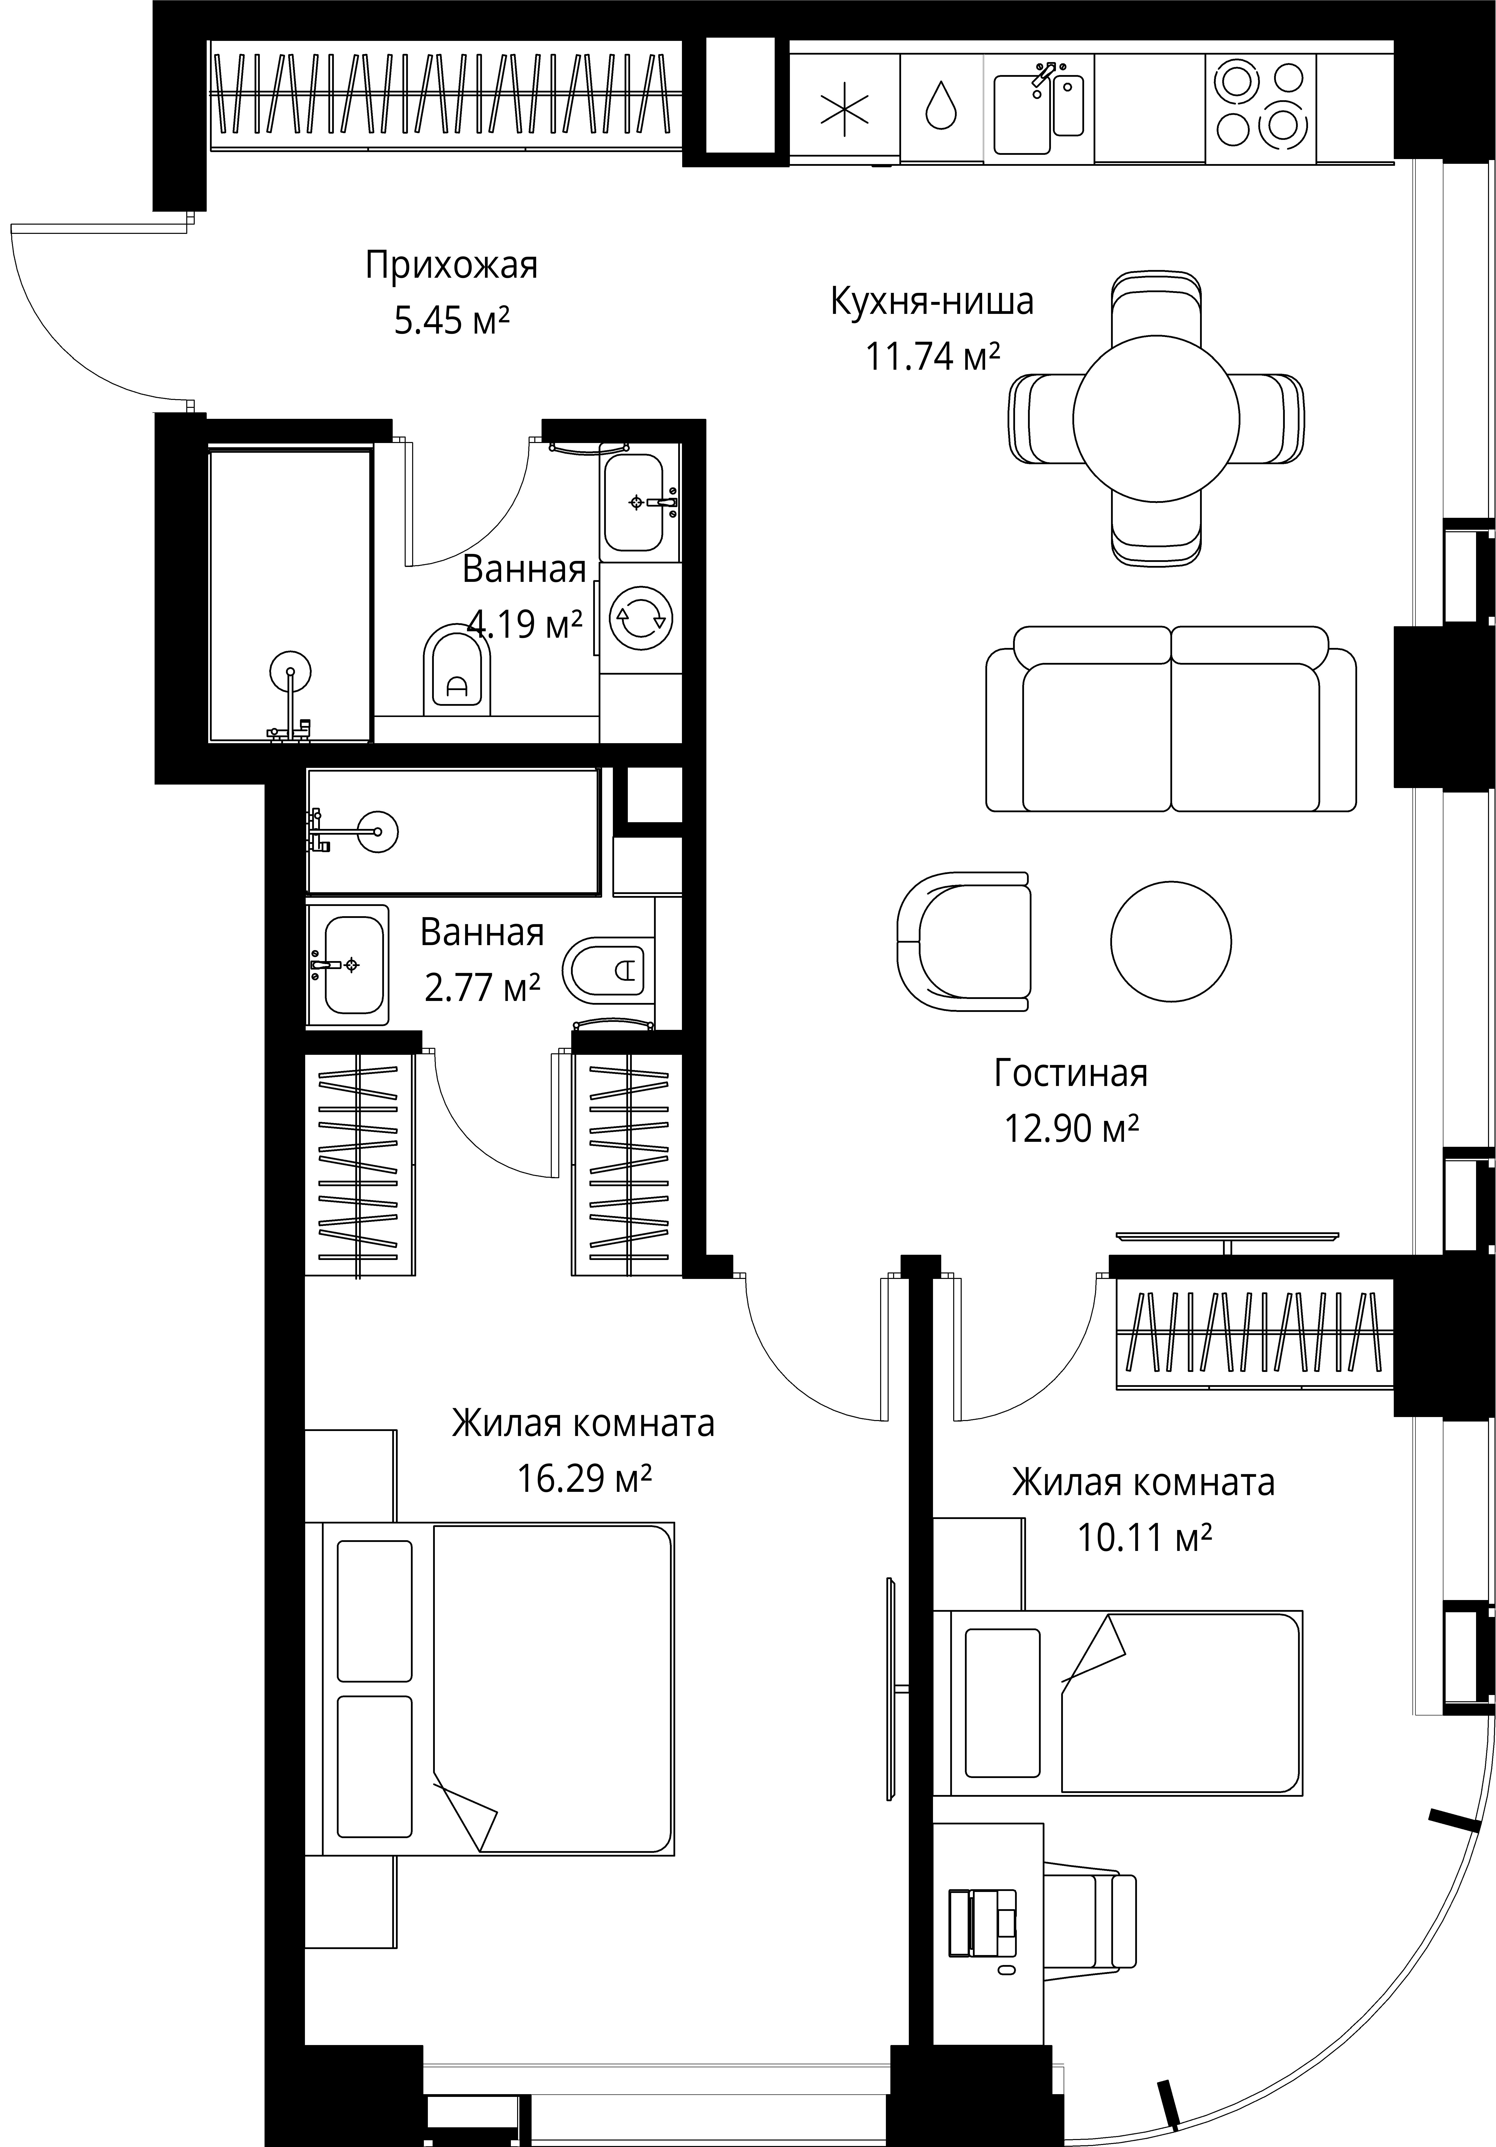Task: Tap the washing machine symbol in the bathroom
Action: pos(640,617)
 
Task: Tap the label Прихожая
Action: pos(452,266)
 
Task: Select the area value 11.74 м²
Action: pos(933,356)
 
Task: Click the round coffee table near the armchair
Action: pos(1171,942)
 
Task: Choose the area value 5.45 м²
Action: pos(452,321)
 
